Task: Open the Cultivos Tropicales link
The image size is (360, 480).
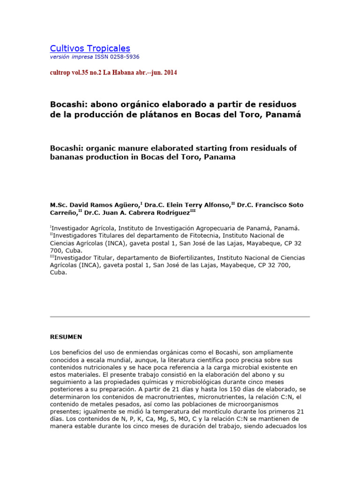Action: click(x=90, y=48)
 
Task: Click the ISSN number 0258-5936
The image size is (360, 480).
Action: click(x=124, y=57)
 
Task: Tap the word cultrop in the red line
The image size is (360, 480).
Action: click(x=62, y=73)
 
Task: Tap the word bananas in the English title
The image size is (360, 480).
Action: click(x=65, y=157)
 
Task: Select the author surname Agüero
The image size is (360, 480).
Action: click(x=127, y=205)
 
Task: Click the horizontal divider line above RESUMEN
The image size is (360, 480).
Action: click(x=180, y=317)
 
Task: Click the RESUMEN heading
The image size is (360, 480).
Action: click(x=66, y=337)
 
